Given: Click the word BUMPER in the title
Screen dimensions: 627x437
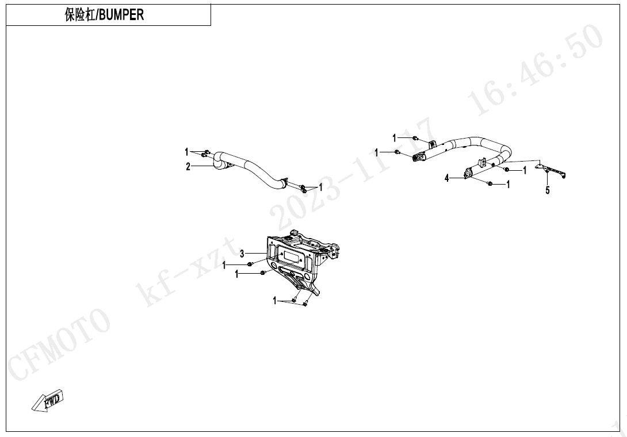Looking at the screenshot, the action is (121, 15).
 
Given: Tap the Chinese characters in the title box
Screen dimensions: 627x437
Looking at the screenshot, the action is (80, 15).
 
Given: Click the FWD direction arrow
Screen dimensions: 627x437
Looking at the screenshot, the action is (47, 400).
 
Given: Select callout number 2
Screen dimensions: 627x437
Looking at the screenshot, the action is (188, 166).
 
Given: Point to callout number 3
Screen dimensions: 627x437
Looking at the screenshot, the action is (242, 254).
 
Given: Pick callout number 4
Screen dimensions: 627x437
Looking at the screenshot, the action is (446, 178).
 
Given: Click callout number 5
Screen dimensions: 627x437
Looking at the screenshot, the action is (548, 190).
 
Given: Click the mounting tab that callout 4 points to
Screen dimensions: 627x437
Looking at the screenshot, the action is (468, 173).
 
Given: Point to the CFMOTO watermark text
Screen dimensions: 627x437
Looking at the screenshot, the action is (60, 344).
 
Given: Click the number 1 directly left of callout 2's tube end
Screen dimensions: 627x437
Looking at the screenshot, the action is (186, 152).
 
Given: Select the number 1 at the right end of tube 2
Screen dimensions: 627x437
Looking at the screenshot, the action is (320, 187).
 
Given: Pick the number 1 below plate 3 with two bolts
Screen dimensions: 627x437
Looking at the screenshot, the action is (275, 300).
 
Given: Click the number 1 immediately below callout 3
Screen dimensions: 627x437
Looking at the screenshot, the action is (224, 264).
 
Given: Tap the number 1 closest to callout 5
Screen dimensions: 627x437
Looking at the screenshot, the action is (525, 170).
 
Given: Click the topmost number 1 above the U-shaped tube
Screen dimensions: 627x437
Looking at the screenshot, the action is (394, 138).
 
